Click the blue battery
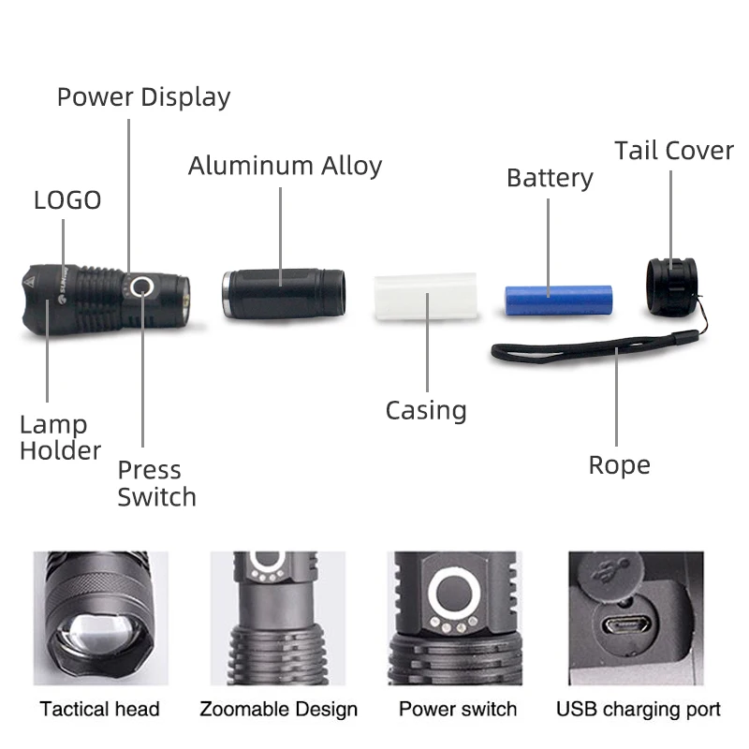pos(558,299)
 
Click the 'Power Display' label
pos(143,97)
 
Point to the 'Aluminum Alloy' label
pos(285,167)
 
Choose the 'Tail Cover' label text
pos(673,151)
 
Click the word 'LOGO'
pos(67,200)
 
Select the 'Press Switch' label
pos(156,483)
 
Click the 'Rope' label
pos(619,465)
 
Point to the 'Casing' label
pos(426,410)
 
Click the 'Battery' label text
pos(550,178)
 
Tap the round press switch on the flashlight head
pos(142,287)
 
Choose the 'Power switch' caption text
pos(458,709)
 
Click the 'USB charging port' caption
pos(639,709)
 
